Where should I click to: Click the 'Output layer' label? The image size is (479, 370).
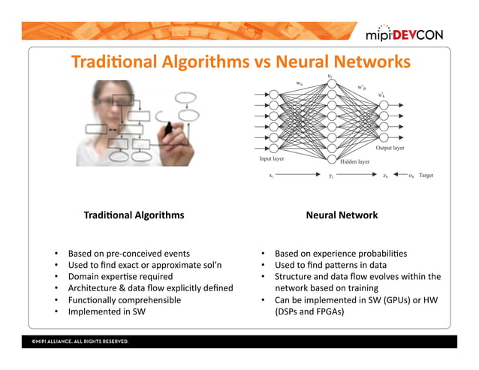click(390, 149)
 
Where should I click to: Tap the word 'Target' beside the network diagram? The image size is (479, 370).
click(426, 176)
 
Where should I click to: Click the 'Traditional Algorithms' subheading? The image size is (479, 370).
click(134, 215)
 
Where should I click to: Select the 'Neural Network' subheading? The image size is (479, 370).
click(342, 215)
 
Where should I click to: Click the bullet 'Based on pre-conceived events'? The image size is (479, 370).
click(128, 254)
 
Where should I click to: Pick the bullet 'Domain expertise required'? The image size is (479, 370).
click(120, 276)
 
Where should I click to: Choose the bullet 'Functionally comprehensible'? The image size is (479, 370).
click(125, 299)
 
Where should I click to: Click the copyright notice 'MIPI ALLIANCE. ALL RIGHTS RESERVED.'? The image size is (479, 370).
click(80, 341)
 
